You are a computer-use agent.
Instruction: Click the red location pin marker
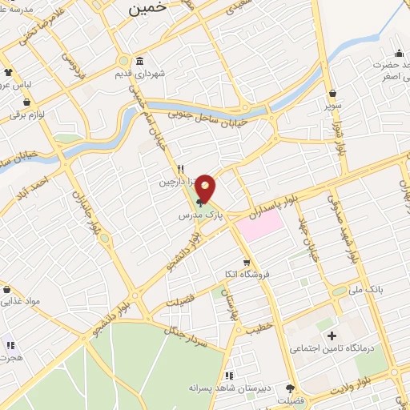206,188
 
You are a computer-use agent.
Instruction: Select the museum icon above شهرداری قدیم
140,62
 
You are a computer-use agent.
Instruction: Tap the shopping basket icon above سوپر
332,93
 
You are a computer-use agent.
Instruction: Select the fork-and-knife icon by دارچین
181,170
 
